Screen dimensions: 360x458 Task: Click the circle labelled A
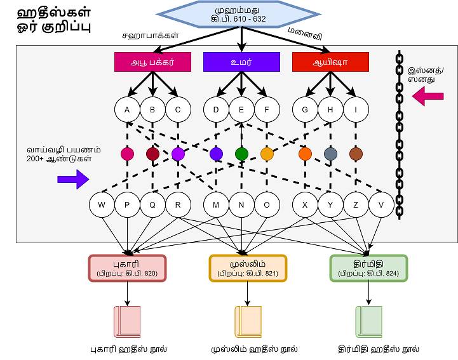127,109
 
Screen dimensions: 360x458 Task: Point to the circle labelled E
241,109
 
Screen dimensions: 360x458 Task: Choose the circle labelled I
356,109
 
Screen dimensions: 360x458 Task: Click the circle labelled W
102,204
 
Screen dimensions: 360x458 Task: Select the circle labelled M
216,204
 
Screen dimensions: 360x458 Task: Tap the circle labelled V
381,204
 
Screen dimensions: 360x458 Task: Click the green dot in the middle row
241,154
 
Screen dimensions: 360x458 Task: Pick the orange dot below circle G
305,154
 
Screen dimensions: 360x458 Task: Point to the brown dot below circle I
356,154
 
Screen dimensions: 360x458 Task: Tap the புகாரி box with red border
127,268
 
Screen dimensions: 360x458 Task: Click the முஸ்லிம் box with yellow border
248,268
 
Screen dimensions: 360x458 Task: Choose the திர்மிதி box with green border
368,268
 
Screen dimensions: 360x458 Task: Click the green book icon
368,321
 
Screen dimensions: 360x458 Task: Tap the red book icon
126,321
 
